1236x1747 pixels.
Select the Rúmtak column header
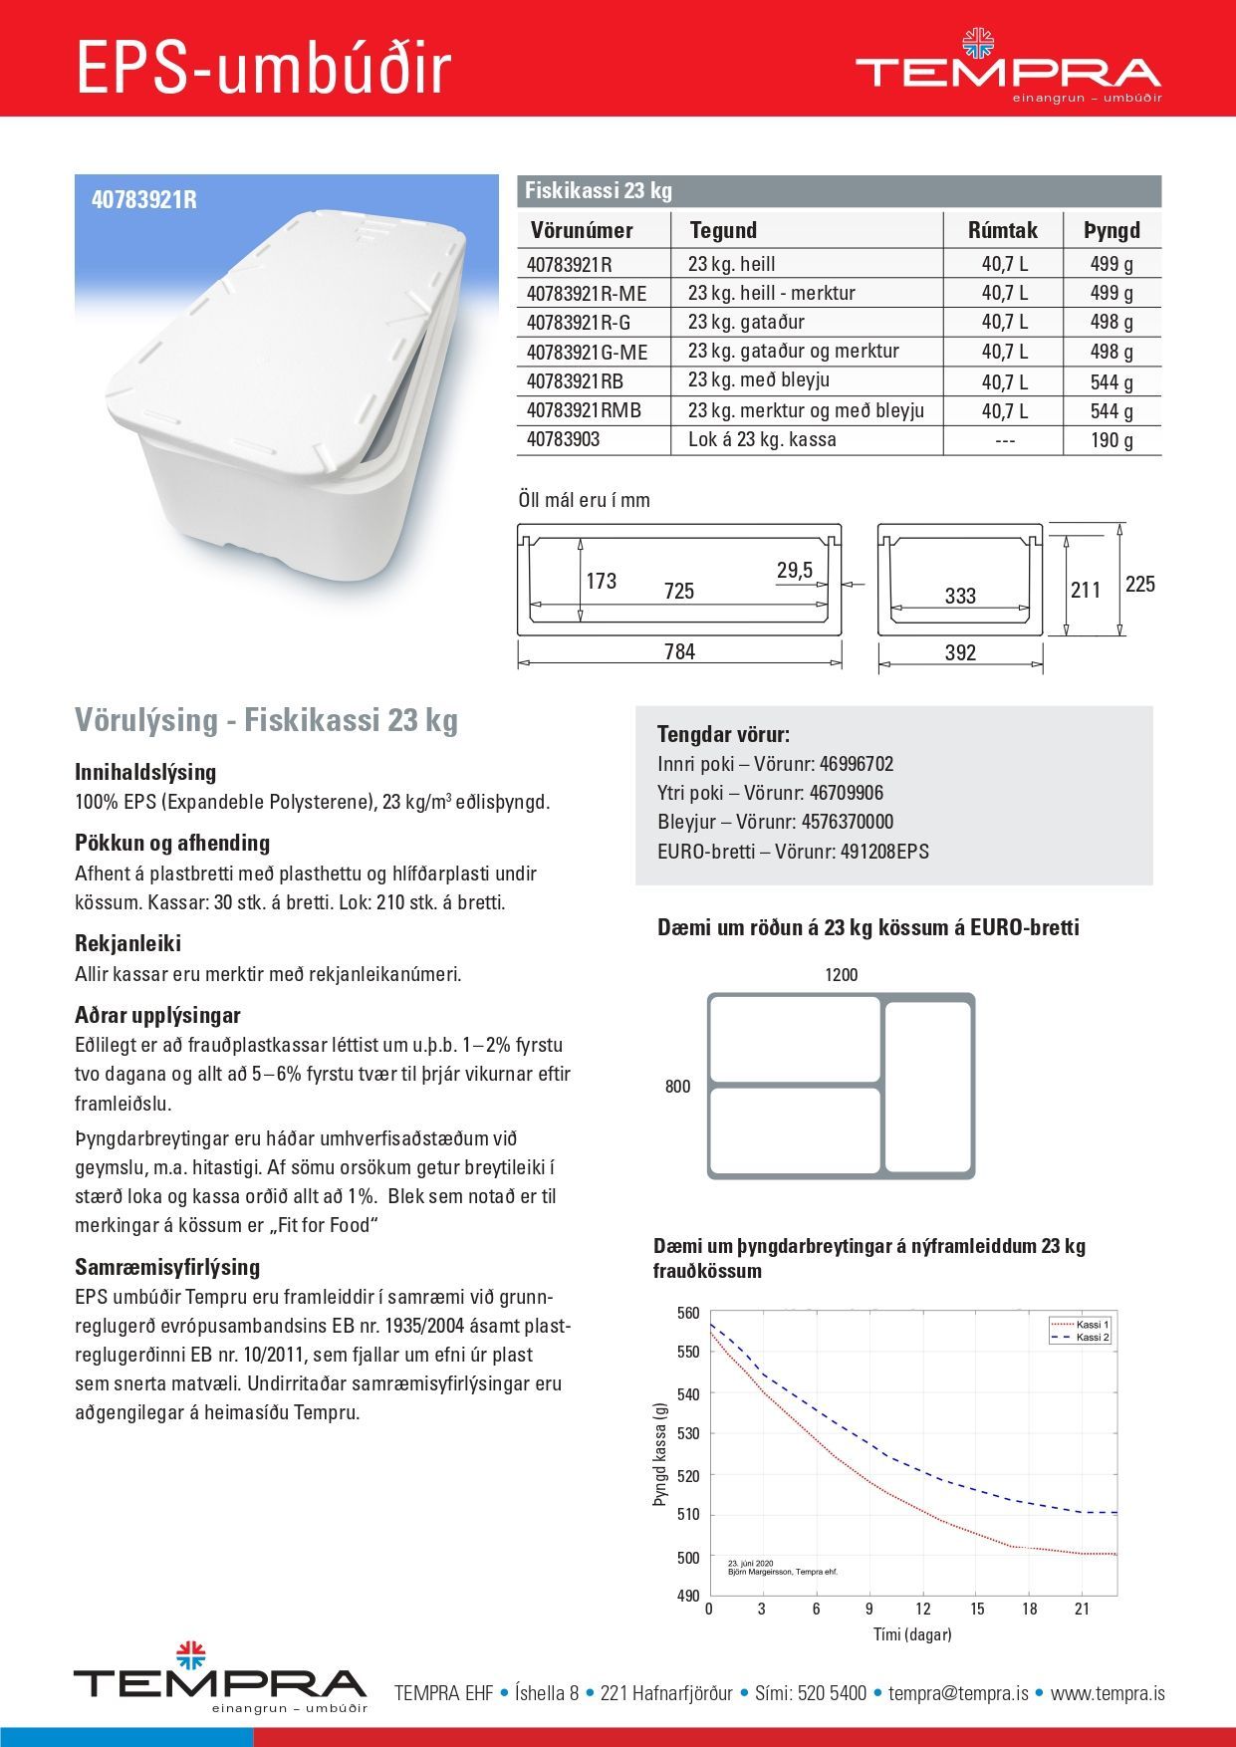1002,231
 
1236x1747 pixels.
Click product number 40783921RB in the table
575,381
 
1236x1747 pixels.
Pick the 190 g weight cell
1112,440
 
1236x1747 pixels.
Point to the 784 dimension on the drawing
679,652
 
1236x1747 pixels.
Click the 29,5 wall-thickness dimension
794,571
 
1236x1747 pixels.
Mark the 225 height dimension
1139,584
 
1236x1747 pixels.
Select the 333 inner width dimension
960,596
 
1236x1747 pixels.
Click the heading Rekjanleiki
127,943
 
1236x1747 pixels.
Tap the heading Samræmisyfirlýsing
167,1267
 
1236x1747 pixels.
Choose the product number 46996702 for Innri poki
856,764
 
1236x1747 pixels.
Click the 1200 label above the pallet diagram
841,975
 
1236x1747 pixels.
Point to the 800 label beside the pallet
677,1087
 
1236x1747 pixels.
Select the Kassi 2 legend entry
1092,1338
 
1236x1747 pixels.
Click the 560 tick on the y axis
688,1313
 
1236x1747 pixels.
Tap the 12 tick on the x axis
922,1609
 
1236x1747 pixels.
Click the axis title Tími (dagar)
911,1634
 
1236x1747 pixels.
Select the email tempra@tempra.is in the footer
958,1693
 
